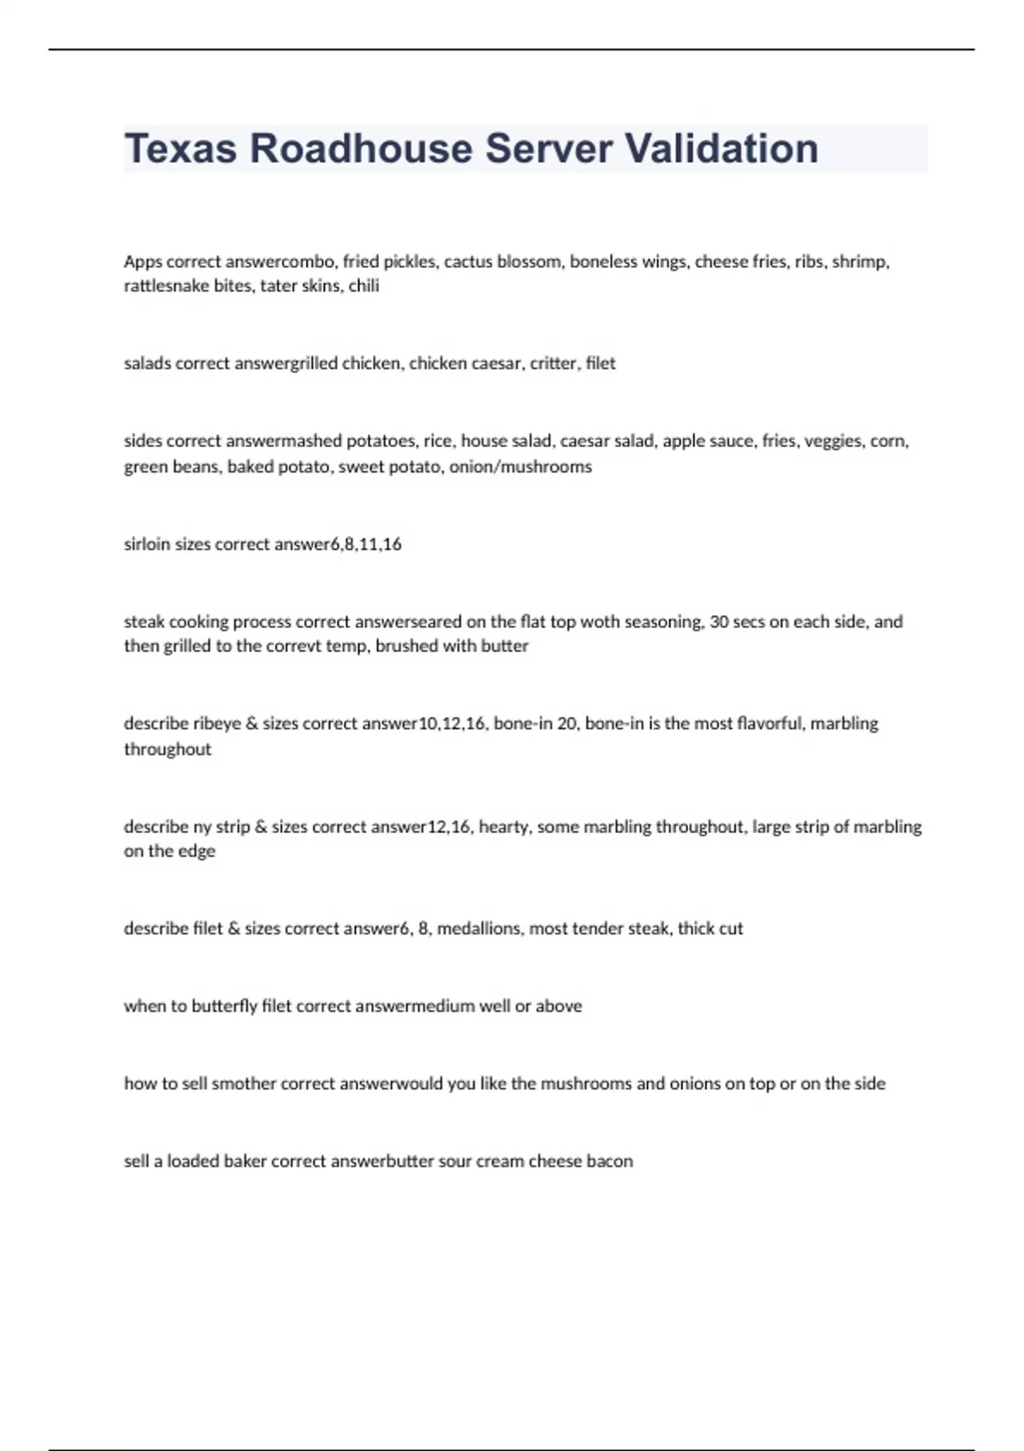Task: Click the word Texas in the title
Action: [x=180, y=149]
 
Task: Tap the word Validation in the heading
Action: [x=722, y=149]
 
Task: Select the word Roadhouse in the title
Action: [x=361, y=149]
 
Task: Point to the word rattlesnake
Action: [x=166, y=286]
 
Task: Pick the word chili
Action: [x=364, y=286]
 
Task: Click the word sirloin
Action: [x=147, y=545]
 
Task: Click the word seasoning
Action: [x=665, y=622]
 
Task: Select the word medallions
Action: [x=479, y=929]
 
